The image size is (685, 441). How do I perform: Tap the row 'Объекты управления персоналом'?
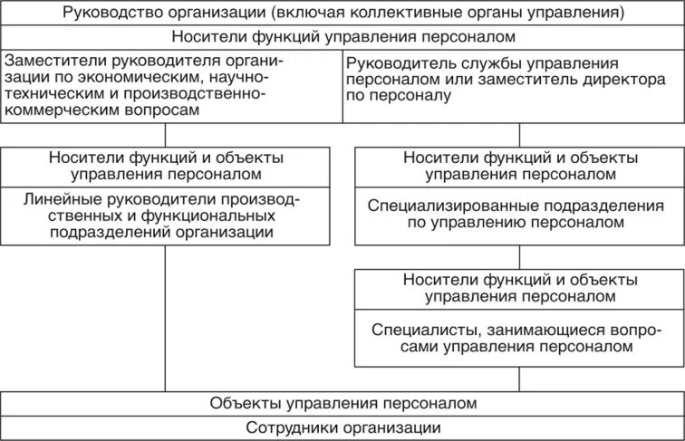point(342,403)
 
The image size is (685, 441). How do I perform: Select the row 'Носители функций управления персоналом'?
point(342,37)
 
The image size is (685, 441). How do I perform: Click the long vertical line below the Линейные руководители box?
point(165,317)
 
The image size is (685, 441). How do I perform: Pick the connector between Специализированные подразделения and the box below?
point(519,256)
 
